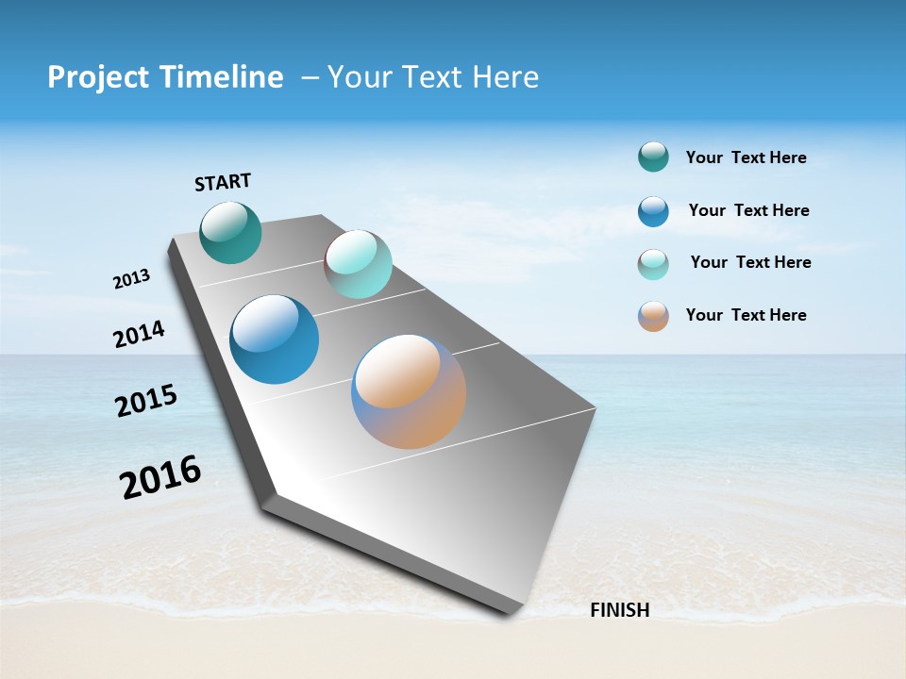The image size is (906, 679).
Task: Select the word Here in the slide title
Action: point(505,77)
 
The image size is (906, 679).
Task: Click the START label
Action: point(223,182)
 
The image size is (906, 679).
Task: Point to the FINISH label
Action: point(619,610)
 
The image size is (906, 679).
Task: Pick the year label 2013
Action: point(131,279)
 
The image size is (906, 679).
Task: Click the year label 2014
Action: point(139,335)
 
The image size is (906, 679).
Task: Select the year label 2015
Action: point(146,401)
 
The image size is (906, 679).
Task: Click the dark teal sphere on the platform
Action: point(230,232)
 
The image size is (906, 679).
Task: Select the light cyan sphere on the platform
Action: point(359,264)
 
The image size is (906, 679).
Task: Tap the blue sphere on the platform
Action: point(275,339)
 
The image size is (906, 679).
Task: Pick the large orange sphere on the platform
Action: point(409,391)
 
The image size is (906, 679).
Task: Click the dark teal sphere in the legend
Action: point(653,157)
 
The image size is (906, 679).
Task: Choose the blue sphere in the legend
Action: point(653,211)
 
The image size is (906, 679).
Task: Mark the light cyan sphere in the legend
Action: point(653,264)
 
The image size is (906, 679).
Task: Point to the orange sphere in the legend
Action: point(653,316)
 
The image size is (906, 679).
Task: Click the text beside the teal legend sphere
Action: point(746,158)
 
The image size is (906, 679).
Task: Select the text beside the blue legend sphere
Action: point(748,210)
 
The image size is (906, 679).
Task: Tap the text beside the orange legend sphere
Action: point(746,315)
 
